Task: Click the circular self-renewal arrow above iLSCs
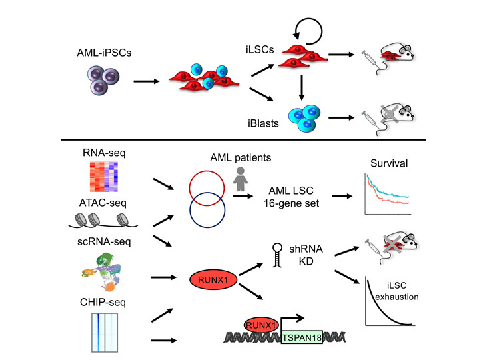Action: click(x=307, y=28)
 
